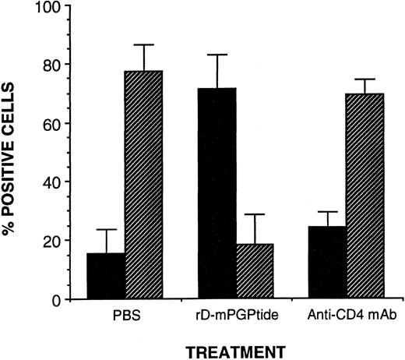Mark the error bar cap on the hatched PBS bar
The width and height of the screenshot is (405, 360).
point(143,44)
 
